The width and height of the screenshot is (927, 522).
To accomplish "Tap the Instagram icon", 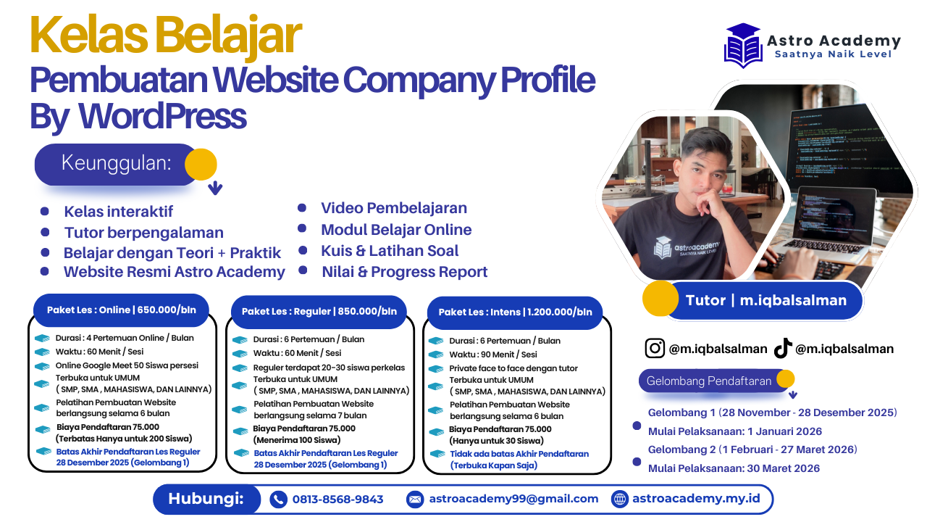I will (655, 349).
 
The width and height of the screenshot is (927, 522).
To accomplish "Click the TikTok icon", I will (782, 349).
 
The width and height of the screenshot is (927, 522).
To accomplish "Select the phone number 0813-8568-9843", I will (337, 499).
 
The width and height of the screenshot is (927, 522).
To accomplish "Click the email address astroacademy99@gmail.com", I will (513, 499).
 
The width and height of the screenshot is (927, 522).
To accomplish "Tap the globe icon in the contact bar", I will (620, 499).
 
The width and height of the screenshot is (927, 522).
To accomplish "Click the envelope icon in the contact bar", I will (415, 499).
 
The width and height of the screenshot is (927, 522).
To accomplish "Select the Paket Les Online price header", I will (121, 310).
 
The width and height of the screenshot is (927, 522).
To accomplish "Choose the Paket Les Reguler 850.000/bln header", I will (319, 311).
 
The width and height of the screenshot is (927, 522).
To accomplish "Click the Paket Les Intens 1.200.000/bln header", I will (515, 312).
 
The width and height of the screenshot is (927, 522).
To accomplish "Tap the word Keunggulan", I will (117, 162).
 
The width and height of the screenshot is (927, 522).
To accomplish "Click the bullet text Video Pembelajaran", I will (394, 208).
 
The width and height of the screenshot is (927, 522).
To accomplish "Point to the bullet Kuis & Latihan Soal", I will (390, 251).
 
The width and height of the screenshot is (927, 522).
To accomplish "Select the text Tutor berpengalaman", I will (143, 233).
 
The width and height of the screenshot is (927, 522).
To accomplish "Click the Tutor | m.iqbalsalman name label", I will (765, 300).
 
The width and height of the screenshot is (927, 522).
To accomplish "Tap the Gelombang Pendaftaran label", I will (708, 381).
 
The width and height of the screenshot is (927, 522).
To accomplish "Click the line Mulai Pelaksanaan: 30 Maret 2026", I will (734, 468).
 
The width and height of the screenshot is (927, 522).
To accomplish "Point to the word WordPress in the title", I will (162, 116).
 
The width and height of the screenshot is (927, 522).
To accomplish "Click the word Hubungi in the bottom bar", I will (205, 499).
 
